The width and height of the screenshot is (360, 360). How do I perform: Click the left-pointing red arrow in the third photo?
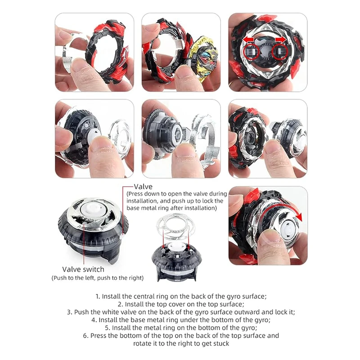249,40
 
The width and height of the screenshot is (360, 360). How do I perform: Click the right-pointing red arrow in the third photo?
280,40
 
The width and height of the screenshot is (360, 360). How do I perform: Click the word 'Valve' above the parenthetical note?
143,186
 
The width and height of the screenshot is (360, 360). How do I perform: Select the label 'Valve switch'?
83,269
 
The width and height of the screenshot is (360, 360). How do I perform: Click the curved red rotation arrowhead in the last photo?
298,216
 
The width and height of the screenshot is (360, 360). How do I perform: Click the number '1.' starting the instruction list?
98,297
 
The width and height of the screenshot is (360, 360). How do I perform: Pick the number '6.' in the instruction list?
86,336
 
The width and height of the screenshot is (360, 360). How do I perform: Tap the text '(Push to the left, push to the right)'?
98,278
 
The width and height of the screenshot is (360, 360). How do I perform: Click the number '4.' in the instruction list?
94,320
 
